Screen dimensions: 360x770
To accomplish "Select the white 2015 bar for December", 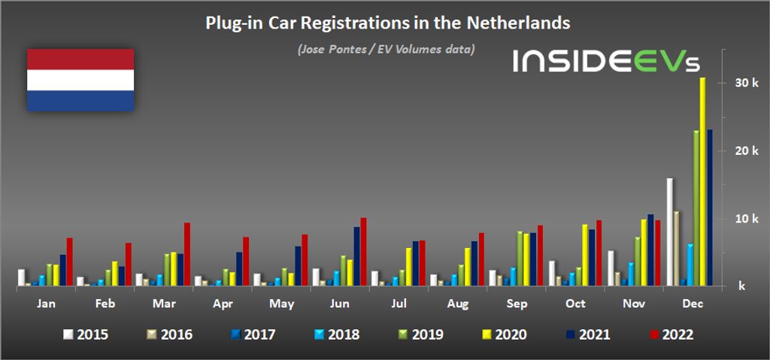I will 670,232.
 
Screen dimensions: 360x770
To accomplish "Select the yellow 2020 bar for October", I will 585,256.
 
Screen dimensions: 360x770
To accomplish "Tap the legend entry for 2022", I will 671,334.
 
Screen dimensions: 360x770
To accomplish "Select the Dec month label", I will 689,305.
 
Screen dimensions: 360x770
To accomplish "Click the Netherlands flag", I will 80,80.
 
